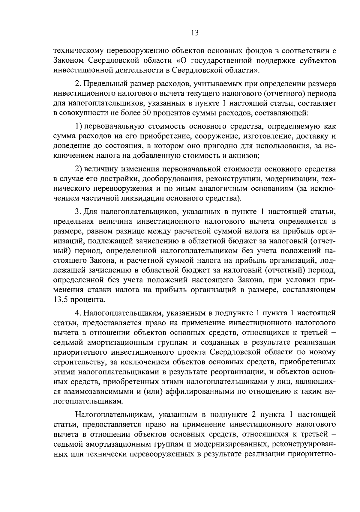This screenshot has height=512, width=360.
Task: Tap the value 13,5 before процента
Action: [x=61, y=299]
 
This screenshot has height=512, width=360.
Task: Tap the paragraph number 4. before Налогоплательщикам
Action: [x=78, y=313]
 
